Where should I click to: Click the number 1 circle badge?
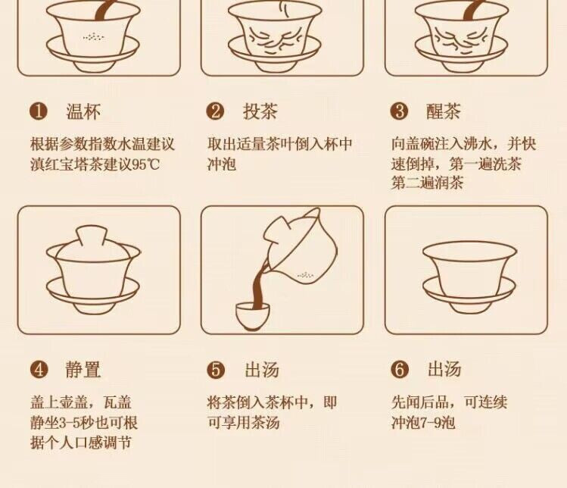pos(39,111)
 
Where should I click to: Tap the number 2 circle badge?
pos(216,111)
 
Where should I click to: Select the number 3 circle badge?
pos(400,111)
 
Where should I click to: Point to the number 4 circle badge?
pos(39,370)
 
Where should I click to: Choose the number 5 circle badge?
pos(216,370)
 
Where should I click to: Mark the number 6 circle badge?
pos(400,370)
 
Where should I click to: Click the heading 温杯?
pos(83,111)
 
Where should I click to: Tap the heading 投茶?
pos(260,111)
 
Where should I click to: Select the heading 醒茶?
pos(444,111)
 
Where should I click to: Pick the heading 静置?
pos(83,370)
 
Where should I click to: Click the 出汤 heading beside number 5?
pos(262,370)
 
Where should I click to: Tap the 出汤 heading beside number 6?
pos(444,370)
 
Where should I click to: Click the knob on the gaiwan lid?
pos(91,236)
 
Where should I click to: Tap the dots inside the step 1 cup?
pos(94,36)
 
